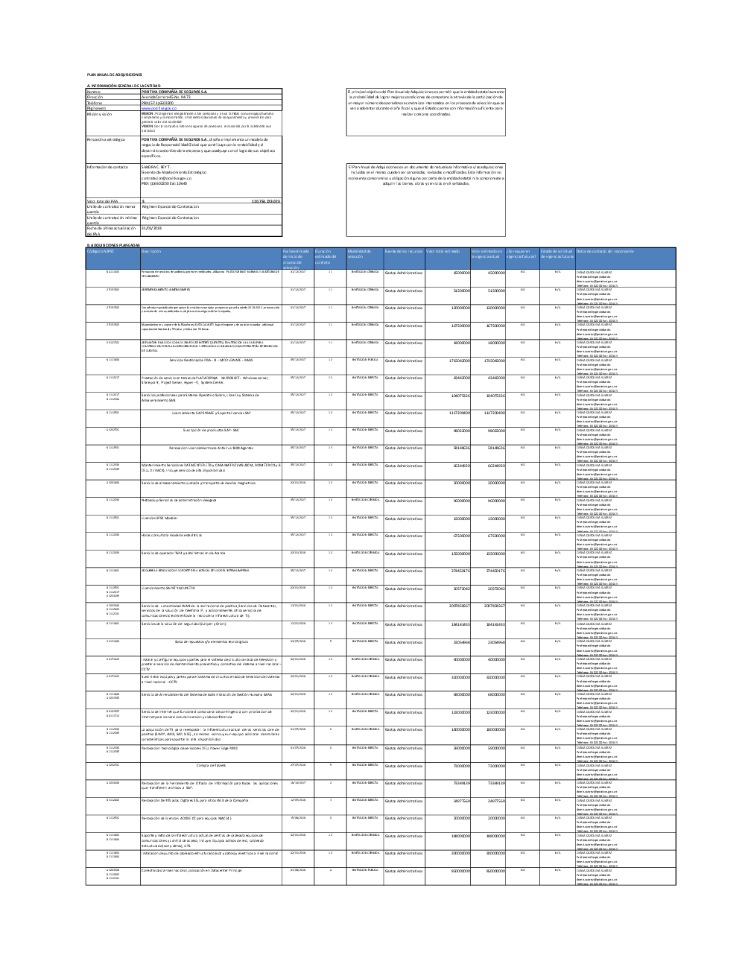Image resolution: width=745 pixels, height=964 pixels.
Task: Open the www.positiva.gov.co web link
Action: point(157,107)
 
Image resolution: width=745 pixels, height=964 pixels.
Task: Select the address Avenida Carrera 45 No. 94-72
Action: point(167,97)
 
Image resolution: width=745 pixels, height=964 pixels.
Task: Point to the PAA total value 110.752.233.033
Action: point(265,201)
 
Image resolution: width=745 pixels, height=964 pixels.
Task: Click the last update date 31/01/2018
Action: point(152,228)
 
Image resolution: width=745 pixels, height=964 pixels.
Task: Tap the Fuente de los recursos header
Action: point(403,251)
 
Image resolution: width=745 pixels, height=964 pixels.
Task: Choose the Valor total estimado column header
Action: point(443,251)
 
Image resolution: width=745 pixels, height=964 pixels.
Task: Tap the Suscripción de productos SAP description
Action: point(210,430)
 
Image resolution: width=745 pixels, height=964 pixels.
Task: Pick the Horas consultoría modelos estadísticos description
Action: point(171,536)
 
